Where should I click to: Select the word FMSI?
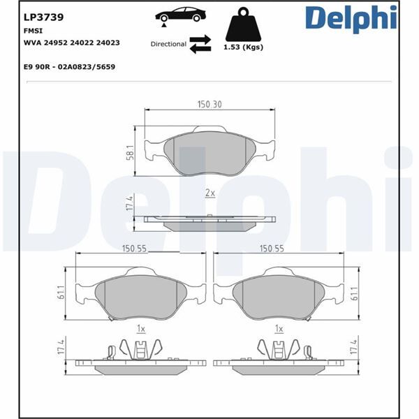pyautogui.click(x=33, y=31)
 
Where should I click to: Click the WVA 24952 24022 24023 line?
pyautogui.click(x=71, y=43)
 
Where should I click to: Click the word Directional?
pyautogui.click(x=168, y=44)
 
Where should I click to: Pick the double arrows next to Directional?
pyautogui.click(x=200, y=43)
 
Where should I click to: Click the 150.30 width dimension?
pyautogui.click(x=209, y=104)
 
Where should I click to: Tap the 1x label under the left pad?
pyautogui.click(x=140, y=328)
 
